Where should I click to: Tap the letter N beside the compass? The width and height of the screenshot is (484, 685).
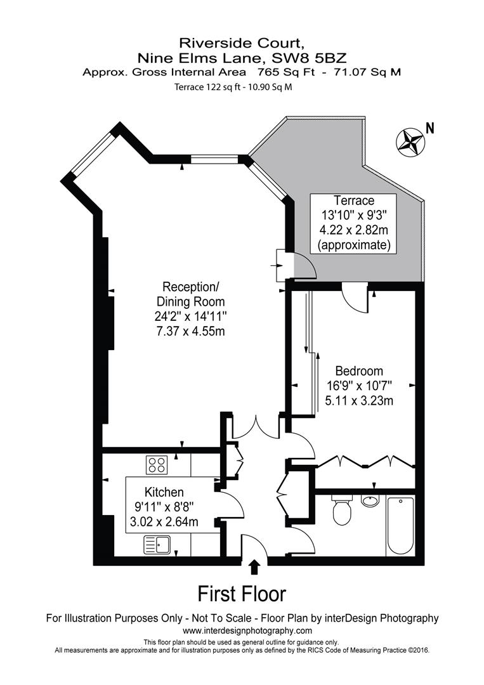click(430, 127)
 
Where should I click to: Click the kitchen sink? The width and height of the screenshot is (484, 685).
click(157, 543)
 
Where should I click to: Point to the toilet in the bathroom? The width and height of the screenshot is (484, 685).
click(342, 511)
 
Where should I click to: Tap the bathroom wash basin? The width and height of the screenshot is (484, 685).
click(370, 501)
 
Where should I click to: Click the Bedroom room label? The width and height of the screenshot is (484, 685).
click(359, 371)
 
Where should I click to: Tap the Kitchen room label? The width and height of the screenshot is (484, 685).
click(164, 492)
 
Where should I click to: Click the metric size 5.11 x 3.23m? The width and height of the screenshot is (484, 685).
click(359, 400)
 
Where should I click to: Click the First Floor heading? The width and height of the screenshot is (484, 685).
click(242, 594)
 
